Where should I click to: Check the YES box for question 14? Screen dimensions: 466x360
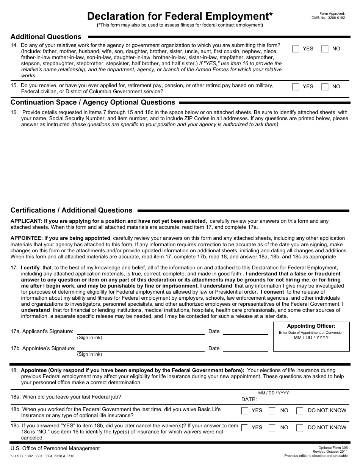point(296,49)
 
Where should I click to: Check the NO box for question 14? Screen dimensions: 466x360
point(325,49)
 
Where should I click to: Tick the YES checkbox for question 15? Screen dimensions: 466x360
point(296,87)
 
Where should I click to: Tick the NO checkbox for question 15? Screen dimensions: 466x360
point(325,87)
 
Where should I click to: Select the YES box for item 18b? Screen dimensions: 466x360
point(245,411)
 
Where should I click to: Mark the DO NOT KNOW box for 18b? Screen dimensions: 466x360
point(299,411)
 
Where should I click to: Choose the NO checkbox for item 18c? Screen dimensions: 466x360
point(272,428)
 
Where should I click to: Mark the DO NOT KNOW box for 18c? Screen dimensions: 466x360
point(299,428)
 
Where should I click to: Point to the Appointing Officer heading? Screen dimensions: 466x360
point(311,326)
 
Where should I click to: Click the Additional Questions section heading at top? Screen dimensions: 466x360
point(46,37)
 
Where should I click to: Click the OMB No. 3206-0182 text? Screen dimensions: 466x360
point(328,17)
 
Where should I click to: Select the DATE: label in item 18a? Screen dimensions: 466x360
point(249,399)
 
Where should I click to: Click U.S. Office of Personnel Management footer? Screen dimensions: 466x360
point(55,448)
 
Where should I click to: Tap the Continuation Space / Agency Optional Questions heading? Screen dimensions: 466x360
point(93,102)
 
